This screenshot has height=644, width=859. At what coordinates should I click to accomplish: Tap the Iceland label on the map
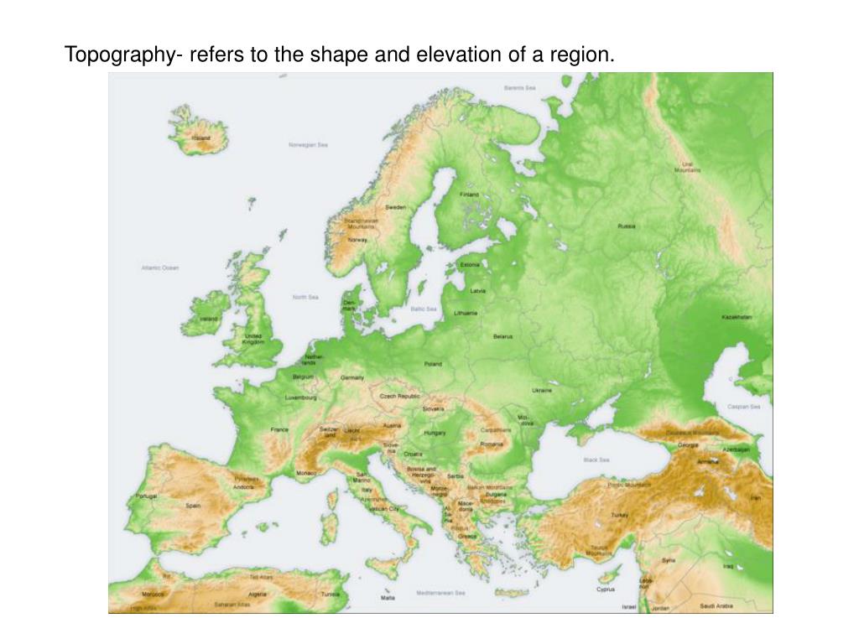[x=201, y=138]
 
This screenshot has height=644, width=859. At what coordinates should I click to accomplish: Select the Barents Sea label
[x=520, y=87]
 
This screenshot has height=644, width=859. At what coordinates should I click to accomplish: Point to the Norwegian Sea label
[x=308, y=144]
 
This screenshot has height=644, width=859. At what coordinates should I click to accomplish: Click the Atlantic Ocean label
[x=159, y=268]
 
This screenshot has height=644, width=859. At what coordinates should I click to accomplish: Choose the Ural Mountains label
[x=687, y=167]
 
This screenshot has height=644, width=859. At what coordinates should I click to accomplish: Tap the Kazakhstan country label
[x=737, y=318]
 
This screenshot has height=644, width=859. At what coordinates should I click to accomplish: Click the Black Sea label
[x=596, y=460]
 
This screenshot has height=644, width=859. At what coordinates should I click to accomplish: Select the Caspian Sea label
[x=743, y=407]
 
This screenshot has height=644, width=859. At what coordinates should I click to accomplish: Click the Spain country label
[x=193, y=506]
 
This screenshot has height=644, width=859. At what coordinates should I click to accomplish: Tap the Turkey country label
[x=620, y=515]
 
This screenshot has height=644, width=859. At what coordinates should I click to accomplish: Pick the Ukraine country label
[x=542, y=390]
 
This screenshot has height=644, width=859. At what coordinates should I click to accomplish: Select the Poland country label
[x=433, y=364]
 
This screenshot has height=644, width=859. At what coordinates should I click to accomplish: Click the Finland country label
[x=469, y=195]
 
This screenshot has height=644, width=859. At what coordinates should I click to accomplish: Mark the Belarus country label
[x=502, y=336]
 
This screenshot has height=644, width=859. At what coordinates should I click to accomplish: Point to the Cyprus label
[x=606, y=589]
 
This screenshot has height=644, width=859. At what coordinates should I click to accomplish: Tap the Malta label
[x=387, y=598]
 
